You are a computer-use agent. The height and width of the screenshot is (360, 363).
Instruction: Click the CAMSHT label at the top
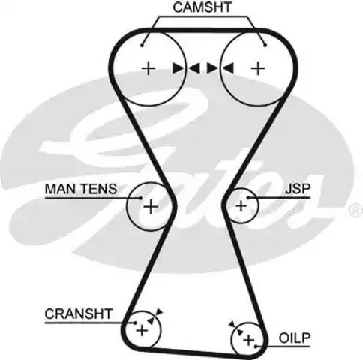coord(202,7)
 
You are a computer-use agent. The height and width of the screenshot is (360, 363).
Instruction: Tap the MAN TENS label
coord(81,189)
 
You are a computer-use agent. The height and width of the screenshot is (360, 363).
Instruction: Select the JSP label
coord(298,189)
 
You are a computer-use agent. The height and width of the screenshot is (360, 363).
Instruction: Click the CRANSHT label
coord(78,313)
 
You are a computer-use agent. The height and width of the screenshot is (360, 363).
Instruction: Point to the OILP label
coord(295,338)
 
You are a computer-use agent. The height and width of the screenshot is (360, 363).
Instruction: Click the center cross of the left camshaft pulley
coord(148,68)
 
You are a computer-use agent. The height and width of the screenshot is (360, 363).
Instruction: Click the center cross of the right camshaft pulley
coord(258,68)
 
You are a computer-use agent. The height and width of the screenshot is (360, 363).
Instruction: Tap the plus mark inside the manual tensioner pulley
coord(151,207)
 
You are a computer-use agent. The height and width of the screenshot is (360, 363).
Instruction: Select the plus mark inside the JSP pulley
coord(241,206)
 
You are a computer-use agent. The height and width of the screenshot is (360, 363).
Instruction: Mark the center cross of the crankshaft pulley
coord(142,331)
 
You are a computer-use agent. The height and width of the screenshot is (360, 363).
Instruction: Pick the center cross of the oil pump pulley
coord(249,340)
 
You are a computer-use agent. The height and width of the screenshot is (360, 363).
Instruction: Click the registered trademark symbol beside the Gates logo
coord(355,210)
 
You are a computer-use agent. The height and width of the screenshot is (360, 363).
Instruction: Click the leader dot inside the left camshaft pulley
coord(142,46)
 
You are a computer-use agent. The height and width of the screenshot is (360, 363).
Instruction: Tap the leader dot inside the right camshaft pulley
coord(265,46)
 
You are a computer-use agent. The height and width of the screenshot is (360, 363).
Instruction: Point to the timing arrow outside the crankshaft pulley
coord(159,311)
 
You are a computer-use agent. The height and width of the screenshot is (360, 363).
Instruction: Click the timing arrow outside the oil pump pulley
coord(232,324)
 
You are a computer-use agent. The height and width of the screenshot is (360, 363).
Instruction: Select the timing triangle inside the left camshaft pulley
coord(178,68)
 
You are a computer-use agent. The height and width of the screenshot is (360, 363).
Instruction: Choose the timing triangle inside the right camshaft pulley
coord(227,68)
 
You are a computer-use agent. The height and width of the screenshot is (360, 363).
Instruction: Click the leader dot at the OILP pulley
coord(256,346)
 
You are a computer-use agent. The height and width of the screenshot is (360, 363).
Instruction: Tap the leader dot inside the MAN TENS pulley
coord(141,198)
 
